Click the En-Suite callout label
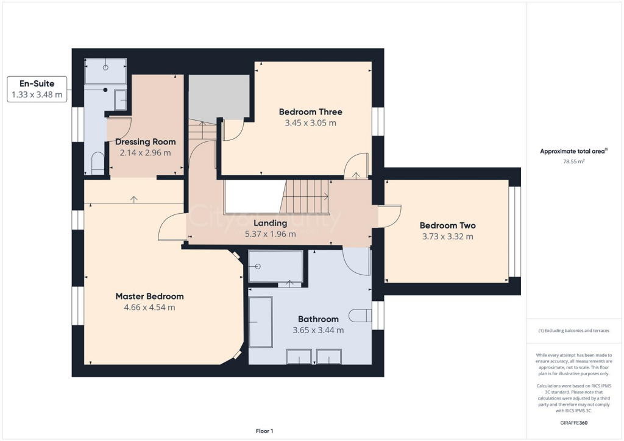click(x=37, y=83)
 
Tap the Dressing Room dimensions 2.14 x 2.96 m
click(x=145, y=153)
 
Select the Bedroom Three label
click(x=310, y=112)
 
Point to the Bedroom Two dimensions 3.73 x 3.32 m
click(x=447, y=236)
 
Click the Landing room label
click(x=271, y=223)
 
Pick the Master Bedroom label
click(x=149, y=296)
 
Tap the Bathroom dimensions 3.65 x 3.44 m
click(x=318, y=330)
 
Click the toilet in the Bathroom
click(x=361, y=315)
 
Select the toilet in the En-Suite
click(x=97, y=163)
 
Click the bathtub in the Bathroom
click(x=260, y=322)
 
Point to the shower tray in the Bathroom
click(x=275, y=266)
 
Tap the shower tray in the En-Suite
click(x=105, y=71)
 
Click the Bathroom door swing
click(x=356, y=262)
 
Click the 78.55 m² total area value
click(x=573, y=162)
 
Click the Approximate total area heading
click(x=573, y=151)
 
